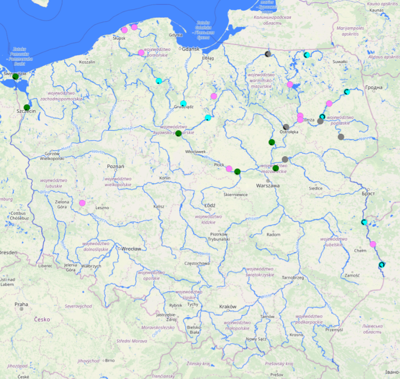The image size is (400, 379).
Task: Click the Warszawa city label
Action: pyautogui.click(x=267, y=186)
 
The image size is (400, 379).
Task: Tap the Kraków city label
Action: pyautogui.click(x=228, y=307)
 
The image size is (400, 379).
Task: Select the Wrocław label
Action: pyautogui.click(x=131, y=249)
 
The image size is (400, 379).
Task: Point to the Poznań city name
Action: pyautogui.click(x=116, y=166)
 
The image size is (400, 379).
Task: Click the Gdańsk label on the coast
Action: pyautogui.click(x=190, y=49)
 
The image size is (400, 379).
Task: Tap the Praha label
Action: pyautogui.click(x=21, y=304)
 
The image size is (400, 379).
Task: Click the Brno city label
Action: pyautogui.click(x=109, y=360)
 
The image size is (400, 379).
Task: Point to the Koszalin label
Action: pyautogui.click(x=87, y=62)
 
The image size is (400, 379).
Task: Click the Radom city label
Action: pyautogui.click(x=273, y=235)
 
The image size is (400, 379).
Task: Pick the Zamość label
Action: pyautogui.click(x=352, y=276)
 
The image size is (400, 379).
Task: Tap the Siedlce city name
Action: pyautogui.click(x=315, y=189)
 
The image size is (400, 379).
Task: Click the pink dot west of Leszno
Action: pyautogui.click(x=82, y=203)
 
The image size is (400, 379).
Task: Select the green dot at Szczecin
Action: pyautogui.click(x=27, y=107)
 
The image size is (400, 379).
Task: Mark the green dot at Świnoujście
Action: pyautogui.click(x=15, y=76)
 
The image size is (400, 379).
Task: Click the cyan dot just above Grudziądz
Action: pyautogui.click(x=183, y=103)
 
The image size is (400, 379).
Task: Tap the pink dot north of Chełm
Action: pyautogui.click(x=373, y=244)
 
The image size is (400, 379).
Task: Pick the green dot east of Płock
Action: pyautogui.click(x=238, y=171)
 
